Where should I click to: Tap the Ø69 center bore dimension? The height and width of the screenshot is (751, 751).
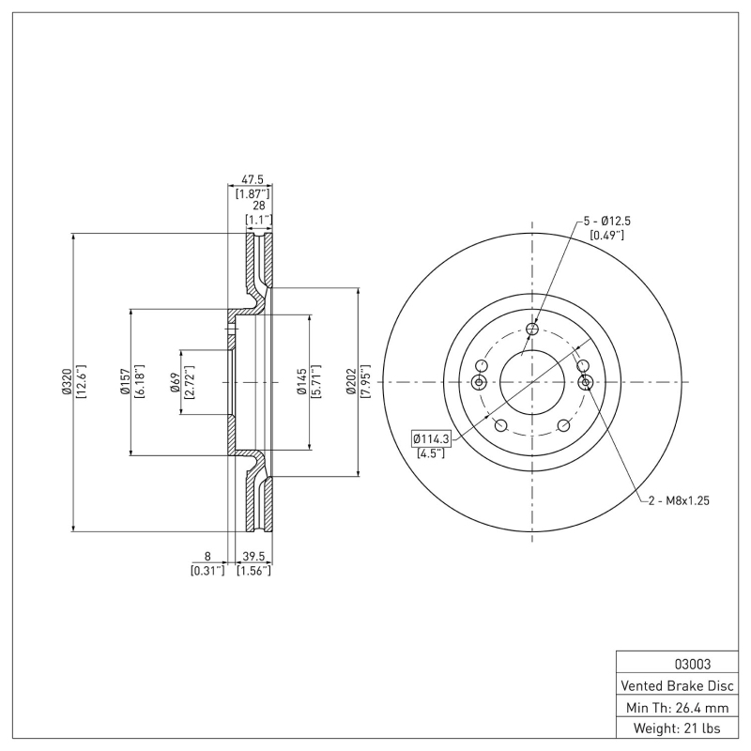point(176,382)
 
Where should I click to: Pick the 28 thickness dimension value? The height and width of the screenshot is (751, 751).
point(258,206)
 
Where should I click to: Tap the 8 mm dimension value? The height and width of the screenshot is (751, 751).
point(207,556)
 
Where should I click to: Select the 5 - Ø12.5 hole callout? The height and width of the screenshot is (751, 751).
point(606,221)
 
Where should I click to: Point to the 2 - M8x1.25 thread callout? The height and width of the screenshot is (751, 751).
point(678,500)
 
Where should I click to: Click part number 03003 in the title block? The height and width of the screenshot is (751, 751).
point(675,664)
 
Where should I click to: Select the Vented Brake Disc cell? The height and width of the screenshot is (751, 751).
point(675,685)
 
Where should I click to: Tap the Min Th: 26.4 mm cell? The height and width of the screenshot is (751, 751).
point(675,707)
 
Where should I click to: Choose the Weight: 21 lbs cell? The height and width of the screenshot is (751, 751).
point(675,728)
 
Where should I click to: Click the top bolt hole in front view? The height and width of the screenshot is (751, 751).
point(532,329)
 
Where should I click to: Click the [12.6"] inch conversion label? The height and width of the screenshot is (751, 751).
point(82,382)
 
